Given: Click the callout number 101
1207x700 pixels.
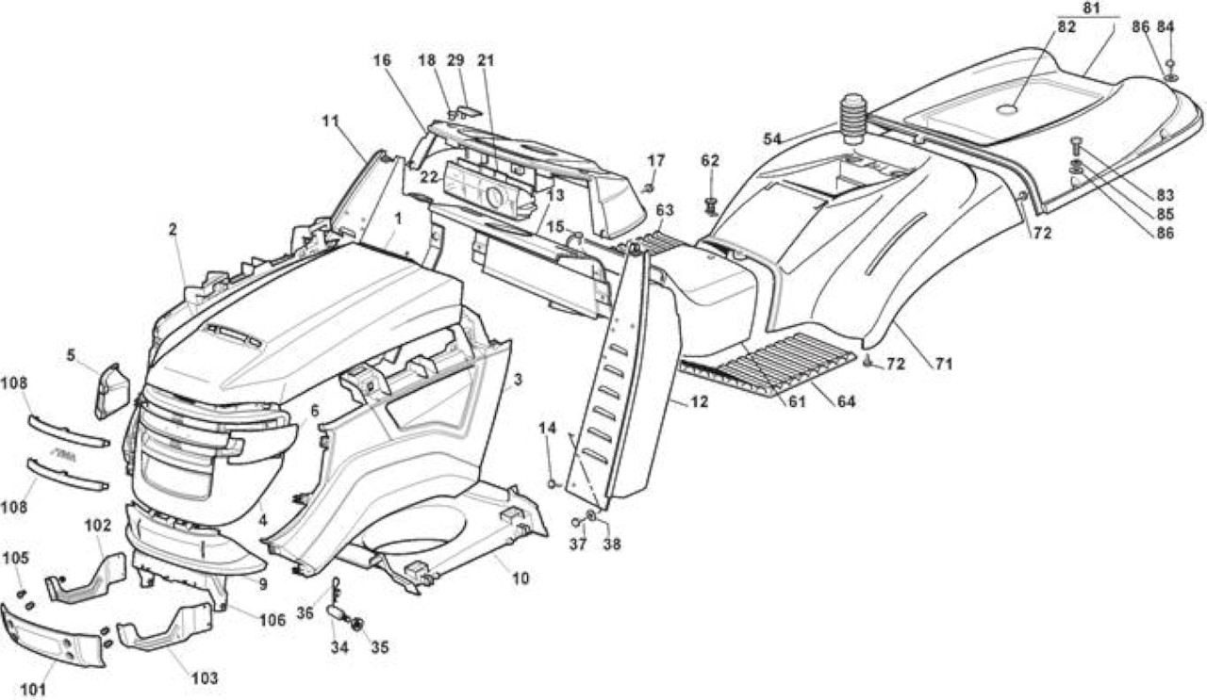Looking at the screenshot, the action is [33, 690].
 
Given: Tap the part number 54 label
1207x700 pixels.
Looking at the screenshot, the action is [771, 138].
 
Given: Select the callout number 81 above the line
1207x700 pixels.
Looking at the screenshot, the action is [1091, 8].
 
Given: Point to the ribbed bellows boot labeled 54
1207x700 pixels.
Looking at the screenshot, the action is [852, 119].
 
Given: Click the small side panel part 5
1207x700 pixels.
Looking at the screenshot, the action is [112, 391].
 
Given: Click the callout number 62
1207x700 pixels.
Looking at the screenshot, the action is [710, 160].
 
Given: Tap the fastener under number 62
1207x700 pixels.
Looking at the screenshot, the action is [711, 205].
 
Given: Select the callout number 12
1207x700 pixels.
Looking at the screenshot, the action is [699, 401].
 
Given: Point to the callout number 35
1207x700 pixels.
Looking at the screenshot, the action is [379, 647].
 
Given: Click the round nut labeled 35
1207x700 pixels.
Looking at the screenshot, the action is [356, 625].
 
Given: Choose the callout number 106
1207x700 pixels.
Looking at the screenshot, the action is [273, 620].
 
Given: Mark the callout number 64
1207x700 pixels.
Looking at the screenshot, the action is [846, 401].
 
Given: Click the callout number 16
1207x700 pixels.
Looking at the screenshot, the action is [382, 59].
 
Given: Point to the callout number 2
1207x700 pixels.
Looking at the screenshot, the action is [173, 229].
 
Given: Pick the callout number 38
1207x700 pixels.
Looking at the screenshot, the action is [612, 545].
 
